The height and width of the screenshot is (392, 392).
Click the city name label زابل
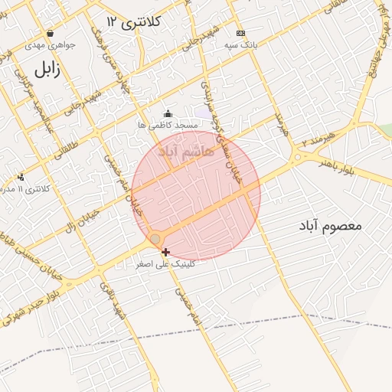pos(46,70)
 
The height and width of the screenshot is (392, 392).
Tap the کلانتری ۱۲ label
pos(134,21)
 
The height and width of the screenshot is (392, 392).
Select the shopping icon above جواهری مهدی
pos(50,33)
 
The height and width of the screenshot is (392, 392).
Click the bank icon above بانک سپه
pos(241,34)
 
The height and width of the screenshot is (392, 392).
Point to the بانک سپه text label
pos(241,46)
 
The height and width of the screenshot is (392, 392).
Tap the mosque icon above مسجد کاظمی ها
pos(168,114)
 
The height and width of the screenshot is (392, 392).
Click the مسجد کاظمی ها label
pos(168,125)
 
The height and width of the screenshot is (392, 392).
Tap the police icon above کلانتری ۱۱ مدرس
pos(21,177)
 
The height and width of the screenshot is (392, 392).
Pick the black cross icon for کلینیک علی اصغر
pos(165,251)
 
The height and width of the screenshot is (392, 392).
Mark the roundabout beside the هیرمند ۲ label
pos(297,158)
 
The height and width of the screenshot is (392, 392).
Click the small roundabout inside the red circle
pos(155,240)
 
